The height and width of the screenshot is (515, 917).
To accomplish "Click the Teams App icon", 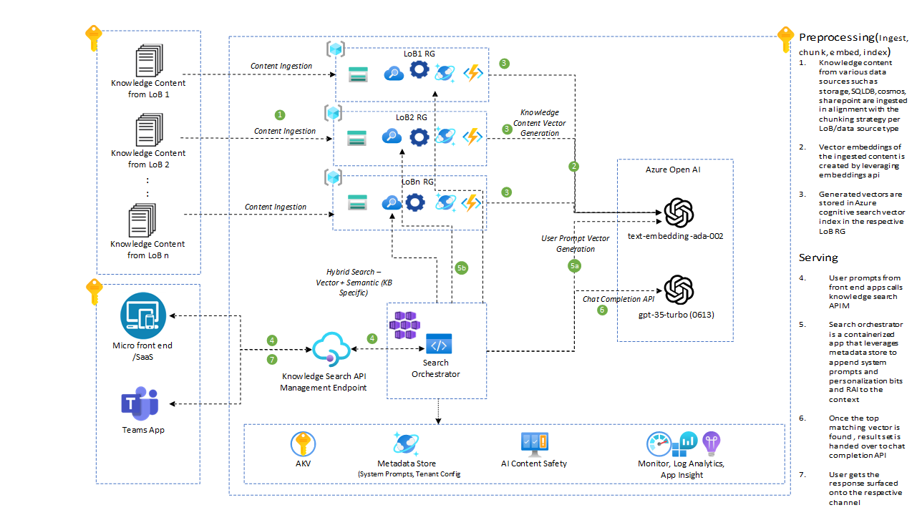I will point(143,404).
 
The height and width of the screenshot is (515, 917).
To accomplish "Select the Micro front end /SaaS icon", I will point(143,315).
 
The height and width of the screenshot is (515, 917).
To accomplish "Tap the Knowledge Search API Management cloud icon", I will point(326,350).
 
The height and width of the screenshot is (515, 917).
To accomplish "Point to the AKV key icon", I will point(303,444).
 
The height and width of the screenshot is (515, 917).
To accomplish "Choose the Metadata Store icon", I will point(406,443).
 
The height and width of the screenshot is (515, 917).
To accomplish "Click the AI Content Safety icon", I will point(534,443).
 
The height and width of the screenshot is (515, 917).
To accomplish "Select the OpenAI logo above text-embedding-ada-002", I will point(679,212).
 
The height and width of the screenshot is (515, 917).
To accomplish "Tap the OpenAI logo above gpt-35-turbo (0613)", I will point(679,290).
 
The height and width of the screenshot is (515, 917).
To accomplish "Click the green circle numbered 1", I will point(280,114).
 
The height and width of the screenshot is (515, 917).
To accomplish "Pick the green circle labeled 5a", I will point(574,266).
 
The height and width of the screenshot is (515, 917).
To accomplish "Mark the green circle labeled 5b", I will point(462,268).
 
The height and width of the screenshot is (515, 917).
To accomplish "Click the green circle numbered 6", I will point(602,310).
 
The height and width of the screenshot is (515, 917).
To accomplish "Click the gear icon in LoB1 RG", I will point(418,72).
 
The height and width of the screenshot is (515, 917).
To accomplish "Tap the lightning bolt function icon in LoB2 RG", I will point(472,137).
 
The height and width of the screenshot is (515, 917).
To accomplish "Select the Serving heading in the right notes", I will point(818,257).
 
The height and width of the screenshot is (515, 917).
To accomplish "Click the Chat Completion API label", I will point(617,299).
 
